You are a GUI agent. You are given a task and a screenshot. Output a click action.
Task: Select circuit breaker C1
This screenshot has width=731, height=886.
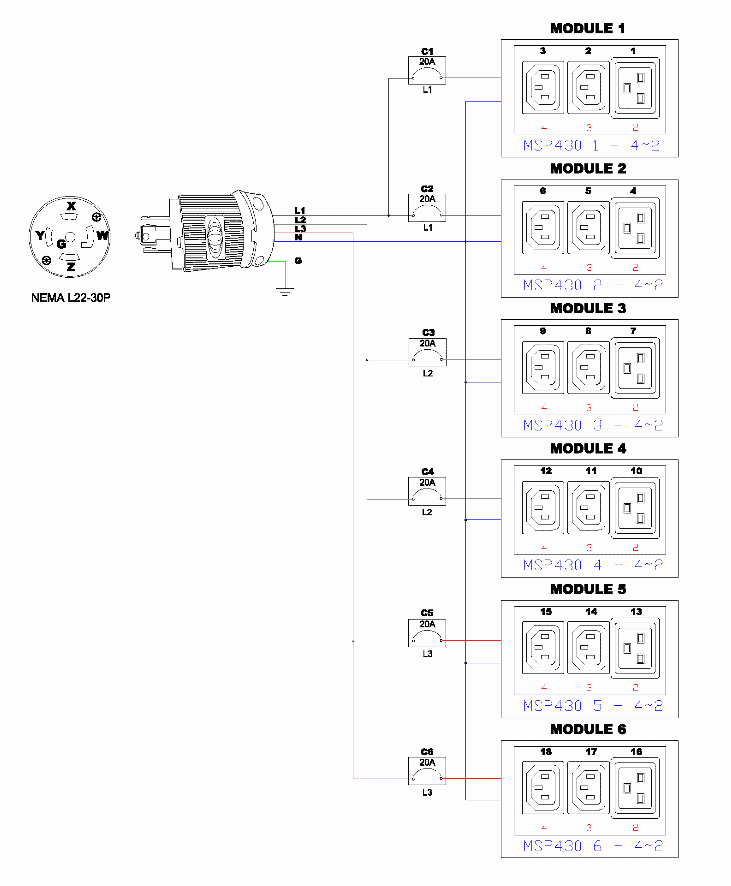tap(427, 70)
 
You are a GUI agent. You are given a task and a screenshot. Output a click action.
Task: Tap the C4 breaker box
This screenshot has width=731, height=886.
tap(427, 491)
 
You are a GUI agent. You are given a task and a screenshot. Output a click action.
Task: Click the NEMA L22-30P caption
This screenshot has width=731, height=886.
tap(71, 298)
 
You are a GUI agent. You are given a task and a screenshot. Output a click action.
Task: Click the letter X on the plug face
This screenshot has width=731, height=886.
tap(71, 206)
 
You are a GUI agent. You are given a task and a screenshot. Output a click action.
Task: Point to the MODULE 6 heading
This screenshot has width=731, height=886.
tap(588, 729)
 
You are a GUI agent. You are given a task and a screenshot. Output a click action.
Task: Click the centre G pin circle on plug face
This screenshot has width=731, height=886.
tap(70, 237)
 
